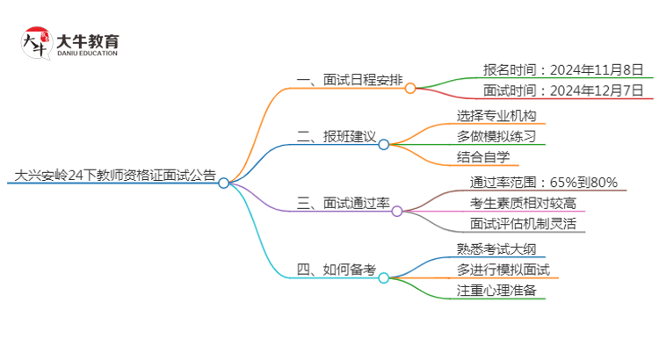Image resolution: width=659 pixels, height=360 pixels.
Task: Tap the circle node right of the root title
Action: pyautogui.click(x=224, y=183)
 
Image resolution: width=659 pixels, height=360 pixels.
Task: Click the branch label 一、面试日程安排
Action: pyautogui.click(x=350, y=80)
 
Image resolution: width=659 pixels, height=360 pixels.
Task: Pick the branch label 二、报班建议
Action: pyautogui.click(x=337, y=136)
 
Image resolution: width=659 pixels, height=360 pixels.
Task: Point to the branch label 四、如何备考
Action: pyautogui.click(x=337, y=269)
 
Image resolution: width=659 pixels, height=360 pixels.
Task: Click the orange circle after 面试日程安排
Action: pyautogui.click(x=410, y=88)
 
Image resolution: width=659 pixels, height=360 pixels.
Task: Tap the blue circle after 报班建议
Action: pyautogui.click(x=384, y=144)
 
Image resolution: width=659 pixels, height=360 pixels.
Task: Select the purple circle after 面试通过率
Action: pyautogui.click(x=397, y=211)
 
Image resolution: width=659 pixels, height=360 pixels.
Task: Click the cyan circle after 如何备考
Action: pyautogui.click(x=384, y=277)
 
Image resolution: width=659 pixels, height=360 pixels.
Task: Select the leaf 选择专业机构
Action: pyautogui.click(x=496, y=115)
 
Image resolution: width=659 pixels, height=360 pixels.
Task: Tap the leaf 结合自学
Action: pyautogui.click(x=483, y=157)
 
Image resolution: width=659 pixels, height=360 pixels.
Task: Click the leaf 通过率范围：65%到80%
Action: pyautogui.click(x=545, y=182)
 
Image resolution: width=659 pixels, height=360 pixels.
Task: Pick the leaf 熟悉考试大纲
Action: pyautogui.click(x=496, y=248)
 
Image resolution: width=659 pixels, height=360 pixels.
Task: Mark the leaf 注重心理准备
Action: pyautogui.click(x=496, y=291)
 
